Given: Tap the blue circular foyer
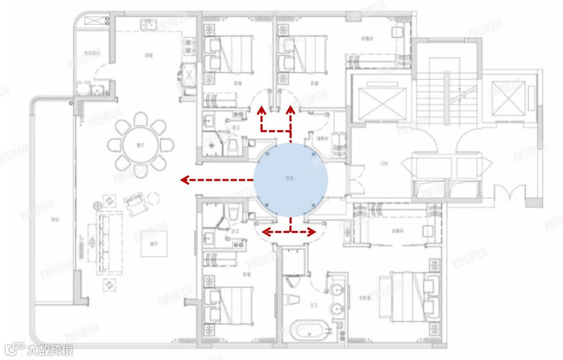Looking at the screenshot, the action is pyautogui.click(x=290, y=180).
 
